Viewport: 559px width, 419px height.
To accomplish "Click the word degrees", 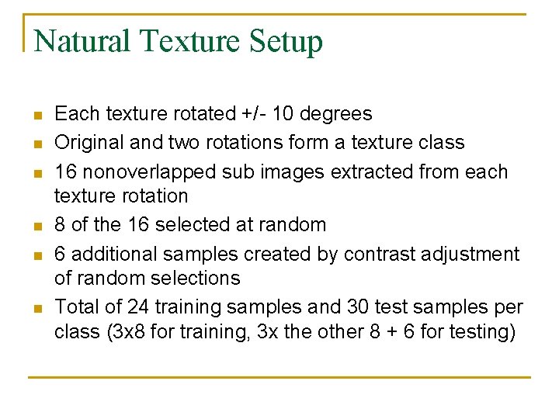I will point(335,115).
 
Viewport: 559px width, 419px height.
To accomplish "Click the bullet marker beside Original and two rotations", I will point(36,144).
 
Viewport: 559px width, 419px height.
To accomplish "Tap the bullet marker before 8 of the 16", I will point(36,227).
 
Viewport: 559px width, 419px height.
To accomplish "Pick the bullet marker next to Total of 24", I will point(36,308).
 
